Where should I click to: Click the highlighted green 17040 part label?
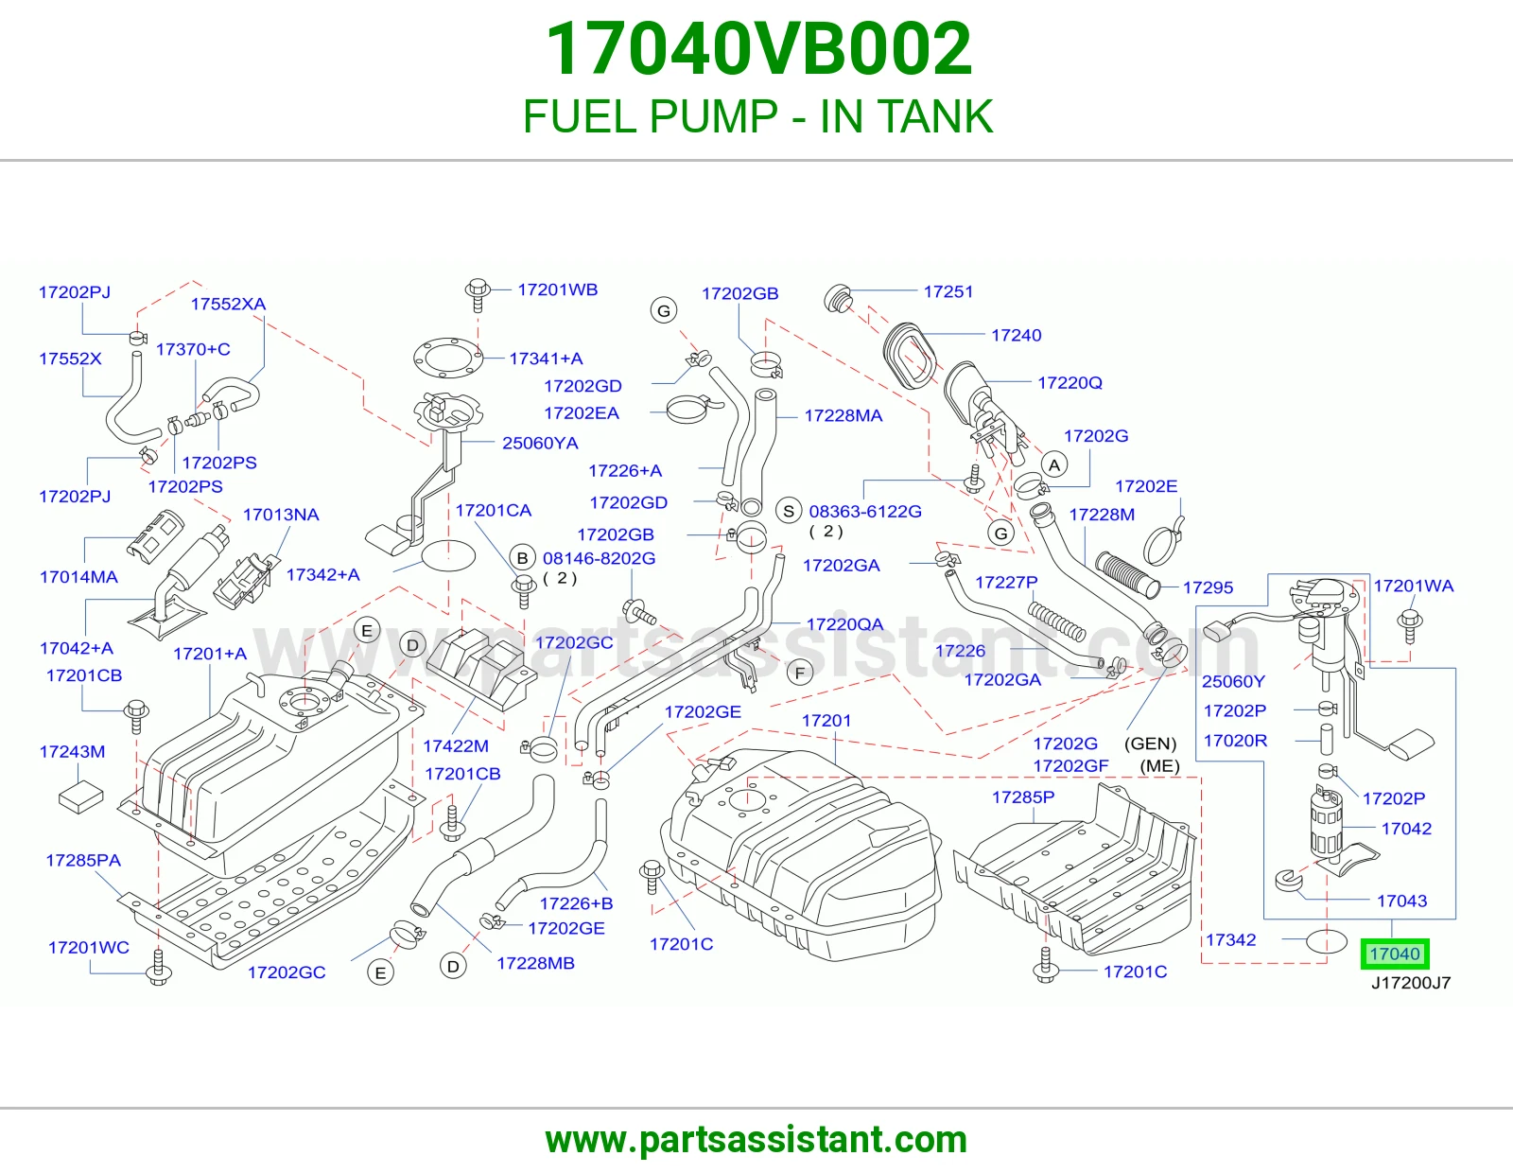(x=1395, y=954)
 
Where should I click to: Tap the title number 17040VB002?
(x=758, y=48)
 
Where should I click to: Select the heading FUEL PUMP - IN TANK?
(x=757, y=116)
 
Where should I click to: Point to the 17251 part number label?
(x=948, y=291)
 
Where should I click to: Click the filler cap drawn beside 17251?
(x=839, y=299)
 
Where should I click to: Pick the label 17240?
(x=1016, y=335)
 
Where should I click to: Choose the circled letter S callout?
(x=789, y=511)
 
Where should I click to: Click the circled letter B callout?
(x=522, y=558)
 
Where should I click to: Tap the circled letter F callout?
(x=799, y=673)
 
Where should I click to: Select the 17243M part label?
(x=73, y=752)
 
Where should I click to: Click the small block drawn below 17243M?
(x=80, y=797)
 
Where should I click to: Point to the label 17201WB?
(x=558, y=289)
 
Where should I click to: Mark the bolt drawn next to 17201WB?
(x=478, y=295)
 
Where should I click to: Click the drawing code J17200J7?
(x=1411, y=983)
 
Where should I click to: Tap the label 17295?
(x=1208, y=587)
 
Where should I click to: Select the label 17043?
(x=1401, y=901)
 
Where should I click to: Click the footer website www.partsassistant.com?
(x=756, y=1140)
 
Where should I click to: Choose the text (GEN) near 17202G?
(x=1150, y=744)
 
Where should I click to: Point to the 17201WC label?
(x=89, y=947)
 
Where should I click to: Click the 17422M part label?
(x=456, y=746)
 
